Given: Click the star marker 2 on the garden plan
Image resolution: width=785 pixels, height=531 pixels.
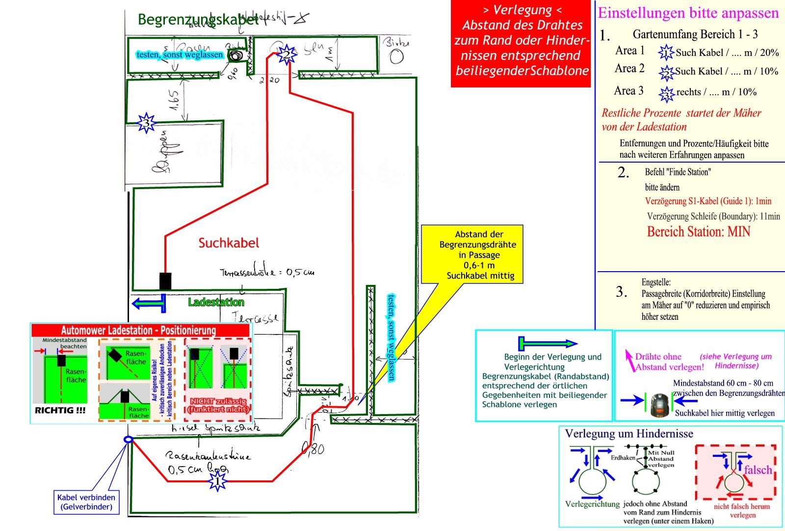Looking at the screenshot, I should (x=286, y=55).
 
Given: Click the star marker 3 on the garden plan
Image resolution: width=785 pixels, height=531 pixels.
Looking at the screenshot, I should (x=146, y=123).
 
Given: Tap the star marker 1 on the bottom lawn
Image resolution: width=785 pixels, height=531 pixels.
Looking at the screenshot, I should (x=217, y=481).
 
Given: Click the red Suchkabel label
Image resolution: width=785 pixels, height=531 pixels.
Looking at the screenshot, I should (x=229, y=243).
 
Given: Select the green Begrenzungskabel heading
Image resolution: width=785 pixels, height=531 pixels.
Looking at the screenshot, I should (x=198, y=20).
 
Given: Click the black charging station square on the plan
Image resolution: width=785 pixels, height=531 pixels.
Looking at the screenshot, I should (x=165, y=281).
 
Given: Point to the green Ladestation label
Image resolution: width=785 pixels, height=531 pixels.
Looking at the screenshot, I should (x=216, y=302).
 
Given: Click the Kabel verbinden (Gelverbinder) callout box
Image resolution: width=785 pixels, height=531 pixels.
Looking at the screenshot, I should (x=86, y=502).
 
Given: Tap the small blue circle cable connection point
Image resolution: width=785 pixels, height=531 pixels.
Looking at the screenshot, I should (x=128, y=440).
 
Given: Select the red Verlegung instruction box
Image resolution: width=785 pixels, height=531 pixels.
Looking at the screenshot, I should (x=522, y=44).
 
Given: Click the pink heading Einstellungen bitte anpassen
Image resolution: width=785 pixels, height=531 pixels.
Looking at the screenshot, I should (x=688, y=13).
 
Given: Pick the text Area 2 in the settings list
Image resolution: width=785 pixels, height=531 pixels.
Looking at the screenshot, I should (x=629, y=69).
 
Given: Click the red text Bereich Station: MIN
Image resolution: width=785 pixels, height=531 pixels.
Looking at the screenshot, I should (x=698, y=231).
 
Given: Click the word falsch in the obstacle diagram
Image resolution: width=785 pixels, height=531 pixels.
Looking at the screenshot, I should (x=758, y=470).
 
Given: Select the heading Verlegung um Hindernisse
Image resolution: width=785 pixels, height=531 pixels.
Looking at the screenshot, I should (x=629, y=434).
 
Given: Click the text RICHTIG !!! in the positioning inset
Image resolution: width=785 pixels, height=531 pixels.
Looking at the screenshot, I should (x=60, y=410).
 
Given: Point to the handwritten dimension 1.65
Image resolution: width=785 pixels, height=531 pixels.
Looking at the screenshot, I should (x=174, y=100).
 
